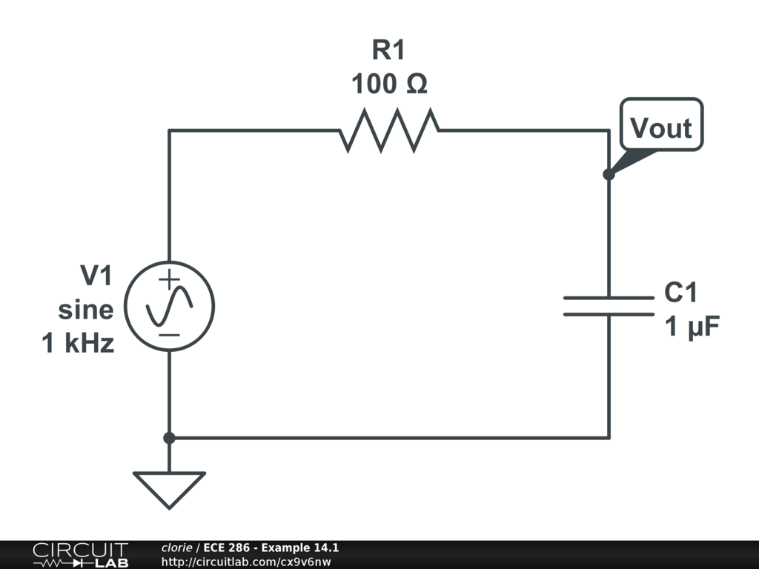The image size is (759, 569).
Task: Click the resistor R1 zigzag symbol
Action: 389,130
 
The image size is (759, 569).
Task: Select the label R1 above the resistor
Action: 388,51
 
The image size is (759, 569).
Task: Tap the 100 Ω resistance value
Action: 389,84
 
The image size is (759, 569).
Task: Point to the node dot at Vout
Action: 609,175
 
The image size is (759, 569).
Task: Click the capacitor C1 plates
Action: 609,306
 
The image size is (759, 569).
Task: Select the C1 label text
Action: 680,293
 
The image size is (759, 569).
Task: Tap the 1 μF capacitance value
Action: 692,327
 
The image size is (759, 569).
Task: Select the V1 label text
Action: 96,276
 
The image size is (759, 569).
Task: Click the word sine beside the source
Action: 86,310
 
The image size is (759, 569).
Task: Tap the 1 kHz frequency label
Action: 79,344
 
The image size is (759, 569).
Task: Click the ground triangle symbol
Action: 169,488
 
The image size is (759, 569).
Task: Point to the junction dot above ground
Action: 169,438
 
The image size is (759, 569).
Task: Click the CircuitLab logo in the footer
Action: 80,554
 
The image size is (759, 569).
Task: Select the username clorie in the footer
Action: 177,548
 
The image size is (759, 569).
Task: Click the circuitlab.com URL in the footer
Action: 245,562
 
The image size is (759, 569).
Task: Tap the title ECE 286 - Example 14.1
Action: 271,548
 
